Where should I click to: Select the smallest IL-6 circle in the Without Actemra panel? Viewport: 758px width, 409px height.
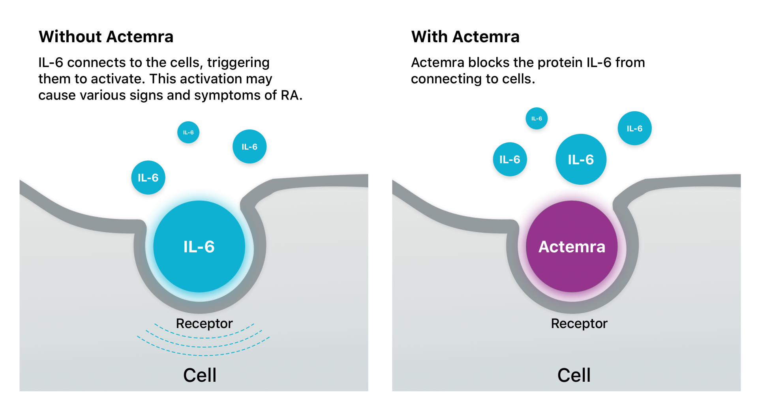click(188, 132)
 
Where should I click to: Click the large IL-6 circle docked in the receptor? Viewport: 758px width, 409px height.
click(199, 247)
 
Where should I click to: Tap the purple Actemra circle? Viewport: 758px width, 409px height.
click(572, 247)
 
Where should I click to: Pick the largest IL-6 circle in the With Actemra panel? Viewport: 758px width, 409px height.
click(581, 159)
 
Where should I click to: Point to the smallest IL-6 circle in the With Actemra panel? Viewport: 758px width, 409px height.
click(537, 118)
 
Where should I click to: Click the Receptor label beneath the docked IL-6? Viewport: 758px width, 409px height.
click(204, 324)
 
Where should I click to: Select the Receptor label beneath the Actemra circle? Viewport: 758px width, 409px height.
click(579, 324)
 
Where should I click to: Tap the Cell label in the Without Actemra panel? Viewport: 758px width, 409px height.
click(200, 375)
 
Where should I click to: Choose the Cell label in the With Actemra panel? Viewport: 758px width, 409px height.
click(574, 375)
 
